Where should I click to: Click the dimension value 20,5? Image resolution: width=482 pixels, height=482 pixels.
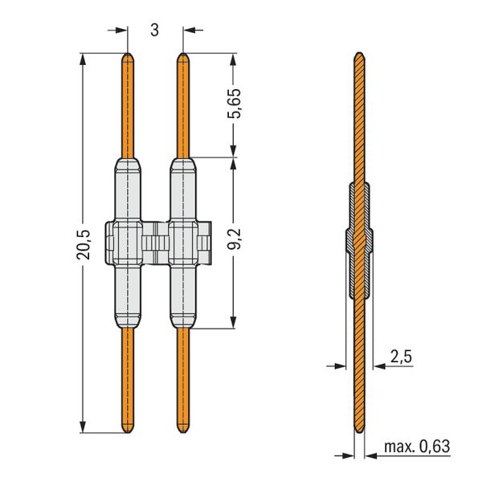[83, 245]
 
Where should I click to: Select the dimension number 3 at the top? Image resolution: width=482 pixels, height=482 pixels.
[154, 31]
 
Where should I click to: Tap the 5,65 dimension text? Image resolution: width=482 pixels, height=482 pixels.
[235, 104]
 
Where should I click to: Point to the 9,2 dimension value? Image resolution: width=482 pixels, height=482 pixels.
[235, 239]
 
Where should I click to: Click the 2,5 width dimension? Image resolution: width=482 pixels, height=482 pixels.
[401, 357]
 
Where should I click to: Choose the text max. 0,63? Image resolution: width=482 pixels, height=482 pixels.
[417, 446]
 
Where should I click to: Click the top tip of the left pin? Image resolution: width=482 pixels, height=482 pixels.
[128, 54]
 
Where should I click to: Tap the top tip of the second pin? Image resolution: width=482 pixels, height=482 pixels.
[183, 54]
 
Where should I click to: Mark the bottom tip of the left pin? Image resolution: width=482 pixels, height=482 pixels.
[128, 433]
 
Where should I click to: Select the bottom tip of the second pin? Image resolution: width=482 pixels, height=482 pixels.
[183, 433]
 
